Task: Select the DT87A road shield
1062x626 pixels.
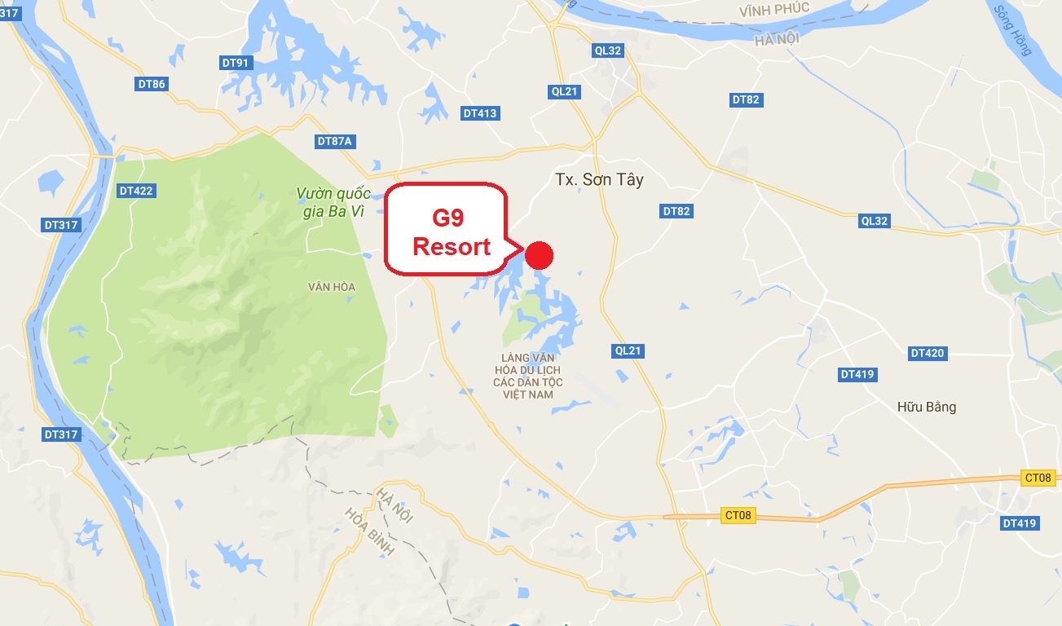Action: [x=334, y=141]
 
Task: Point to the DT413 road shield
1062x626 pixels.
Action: [x=480, y=113]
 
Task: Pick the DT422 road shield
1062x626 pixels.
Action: [x=136, y=191]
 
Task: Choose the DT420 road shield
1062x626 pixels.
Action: [x=927, y=353]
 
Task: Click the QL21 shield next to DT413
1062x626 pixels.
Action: [x=564, y=91]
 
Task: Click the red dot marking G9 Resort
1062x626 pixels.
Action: [x=539, y=255]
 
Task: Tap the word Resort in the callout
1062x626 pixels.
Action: [x=452, y=246]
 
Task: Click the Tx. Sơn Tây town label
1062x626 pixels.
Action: [x=599, y=180]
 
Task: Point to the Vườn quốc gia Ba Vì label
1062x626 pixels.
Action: [x=333, y=201]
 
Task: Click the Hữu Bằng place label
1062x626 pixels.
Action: [x=926, y=407]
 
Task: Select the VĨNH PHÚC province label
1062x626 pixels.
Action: [x=774, y=9]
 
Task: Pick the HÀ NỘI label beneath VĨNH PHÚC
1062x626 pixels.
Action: [x=778, y=38]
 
